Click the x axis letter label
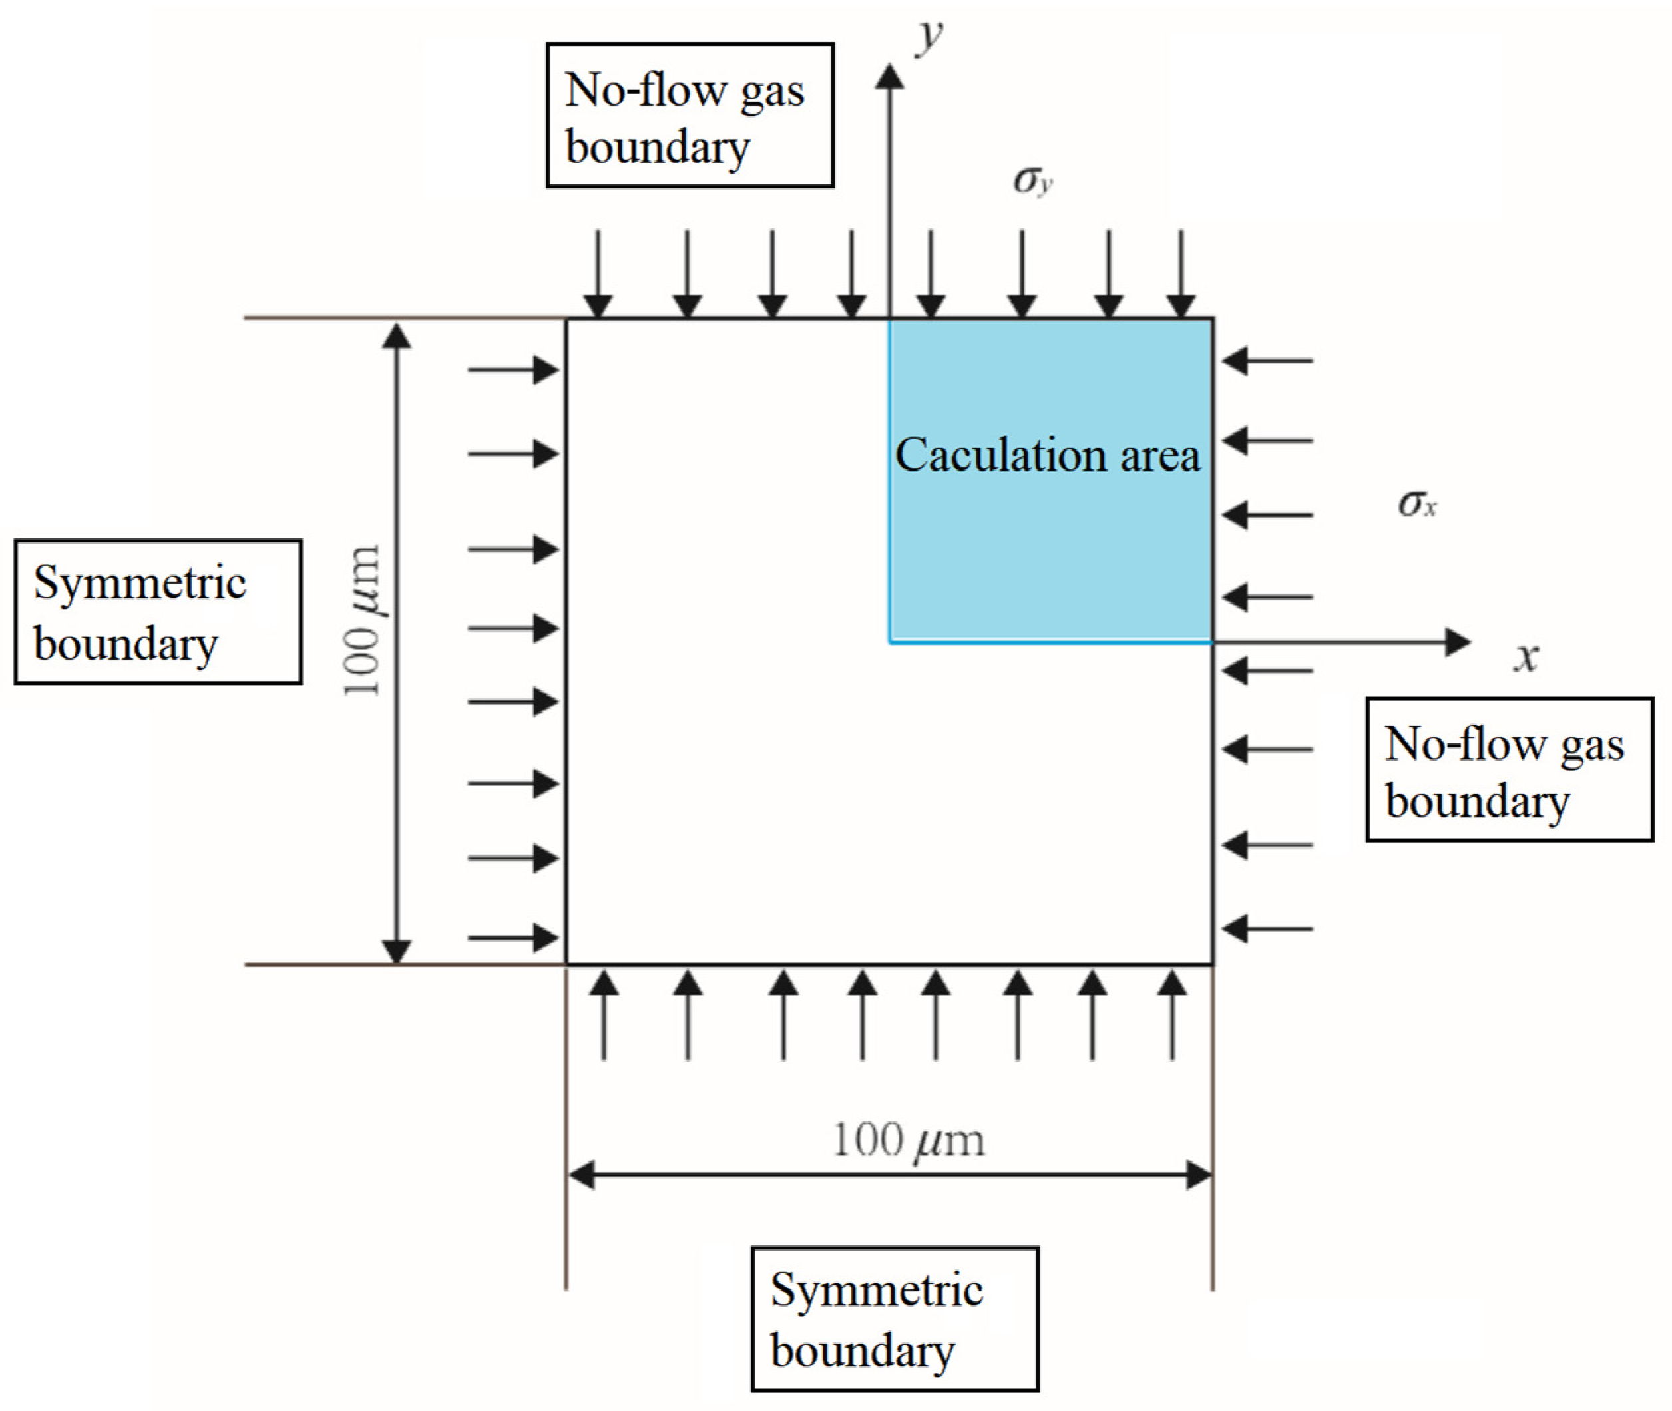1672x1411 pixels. [1526, 658]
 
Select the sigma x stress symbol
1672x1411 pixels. [1416, 504]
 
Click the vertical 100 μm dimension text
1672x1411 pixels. [361, 620]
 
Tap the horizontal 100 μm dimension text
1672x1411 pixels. [908, 1141]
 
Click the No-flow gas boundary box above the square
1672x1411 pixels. [690, 116]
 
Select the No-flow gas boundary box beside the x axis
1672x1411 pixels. [1509, 769]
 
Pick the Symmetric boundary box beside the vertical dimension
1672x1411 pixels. [158, 612]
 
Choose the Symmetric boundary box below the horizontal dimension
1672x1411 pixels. [895, 1319]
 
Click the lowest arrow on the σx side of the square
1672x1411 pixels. [1267, 928]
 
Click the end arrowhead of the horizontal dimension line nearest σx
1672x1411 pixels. [1199, 1176]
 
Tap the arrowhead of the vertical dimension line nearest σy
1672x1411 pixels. [396, 336]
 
